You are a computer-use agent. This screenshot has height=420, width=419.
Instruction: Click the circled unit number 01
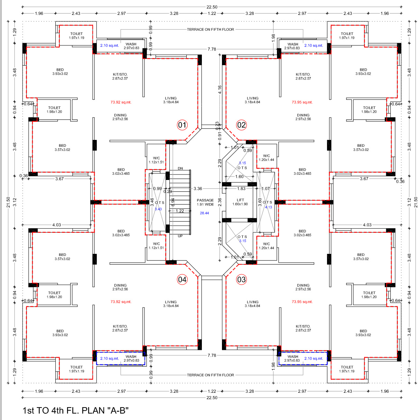[x=182, y=125]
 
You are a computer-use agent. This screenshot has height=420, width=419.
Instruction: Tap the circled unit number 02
[x=241, y=125]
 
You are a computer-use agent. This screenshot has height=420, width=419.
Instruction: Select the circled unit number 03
[x=241, y=280]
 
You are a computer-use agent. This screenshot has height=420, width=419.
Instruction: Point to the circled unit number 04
[x=182, y=280]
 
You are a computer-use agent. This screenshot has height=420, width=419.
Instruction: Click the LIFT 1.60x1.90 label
[x=240, y=202]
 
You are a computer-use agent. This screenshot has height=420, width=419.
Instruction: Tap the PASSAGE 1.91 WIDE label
[x=205, y=202]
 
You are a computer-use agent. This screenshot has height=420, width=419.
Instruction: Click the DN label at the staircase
[x=180, y=168]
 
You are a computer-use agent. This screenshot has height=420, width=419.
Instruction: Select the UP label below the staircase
[x=180, y=236]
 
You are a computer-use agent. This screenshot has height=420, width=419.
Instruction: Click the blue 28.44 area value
[x=204, y=213]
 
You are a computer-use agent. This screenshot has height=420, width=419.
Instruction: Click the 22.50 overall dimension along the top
[x=212, y=7]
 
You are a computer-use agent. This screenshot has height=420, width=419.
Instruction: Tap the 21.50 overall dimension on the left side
[x=8, y=202]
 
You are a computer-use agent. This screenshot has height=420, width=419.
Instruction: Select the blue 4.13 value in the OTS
[x=268, y=207]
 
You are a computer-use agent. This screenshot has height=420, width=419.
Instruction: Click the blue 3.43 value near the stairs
[x=158, y=209]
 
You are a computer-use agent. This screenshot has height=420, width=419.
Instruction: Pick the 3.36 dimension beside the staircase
[x=198, y=189]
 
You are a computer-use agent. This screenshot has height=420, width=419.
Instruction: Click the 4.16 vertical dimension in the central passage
[x=220, y=89]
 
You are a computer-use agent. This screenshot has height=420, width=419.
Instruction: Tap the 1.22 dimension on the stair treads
[x=180, y=211]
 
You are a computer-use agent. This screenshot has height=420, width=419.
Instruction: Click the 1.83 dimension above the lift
[x=241, y=189]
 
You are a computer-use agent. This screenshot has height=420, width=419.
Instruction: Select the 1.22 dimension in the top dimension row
[x=212, y=13]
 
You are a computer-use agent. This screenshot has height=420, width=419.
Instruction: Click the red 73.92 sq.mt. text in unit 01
[x=121, y=102]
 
